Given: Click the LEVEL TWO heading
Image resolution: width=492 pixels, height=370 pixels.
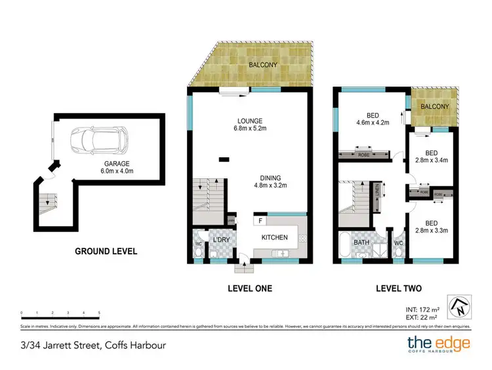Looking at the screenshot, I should (398, 288).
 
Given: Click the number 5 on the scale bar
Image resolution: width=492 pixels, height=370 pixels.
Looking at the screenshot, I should (99, 313).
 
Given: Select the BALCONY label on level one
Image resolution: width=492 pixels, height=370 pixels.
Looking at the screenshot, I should (263, 65).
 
